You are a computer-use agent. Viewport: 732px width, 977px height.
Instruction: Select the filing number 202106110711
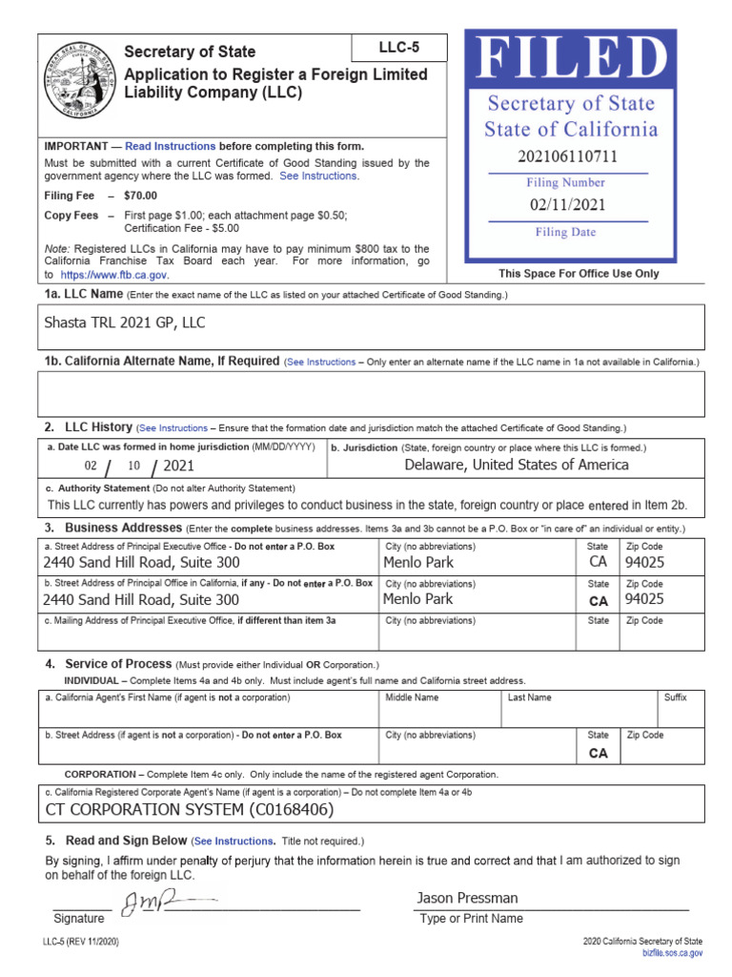click(x=567, y=156)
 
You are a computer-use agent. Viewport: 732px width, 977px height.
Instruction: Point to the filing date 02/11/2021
click(x=567, y=204)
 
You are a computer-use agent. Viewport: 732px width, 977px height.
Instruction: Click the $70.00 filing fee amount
click(x=141, y=196)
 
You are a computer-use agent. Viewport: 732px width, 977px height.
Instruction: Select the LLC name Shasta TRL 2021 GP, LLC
click(x=125, y=322)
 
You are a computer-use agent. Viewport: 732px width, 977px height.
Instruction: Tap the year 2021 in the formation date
click(x=178, y=466)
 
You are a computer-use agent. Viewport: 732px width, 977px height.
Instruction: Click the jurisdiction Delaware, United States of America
click(x=516, y=465)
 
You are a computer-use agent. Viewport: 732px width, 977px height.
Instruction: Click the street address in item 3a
click(x=141, y=563)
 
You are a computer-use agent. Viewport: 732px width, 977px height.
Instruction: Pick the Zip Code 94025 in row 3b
click(x=644, y=600)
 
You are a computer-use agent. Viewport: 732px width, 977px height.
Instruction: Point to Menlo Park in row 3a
click(x=417, y=562)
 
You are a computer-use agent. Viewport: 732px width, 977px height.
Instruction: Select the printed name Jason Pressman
click(x=467, y=898)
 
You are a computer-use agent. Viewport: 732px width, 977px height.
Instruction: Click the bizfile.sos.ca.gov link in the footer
click(x=672, y=952)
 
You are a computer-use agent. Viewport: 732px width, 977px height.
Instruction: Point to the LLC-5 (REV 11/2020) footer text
click(x=81, y=942)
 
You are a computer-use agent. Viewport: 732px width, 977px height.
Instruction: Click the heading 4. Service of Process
click(x=118, y=663)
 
